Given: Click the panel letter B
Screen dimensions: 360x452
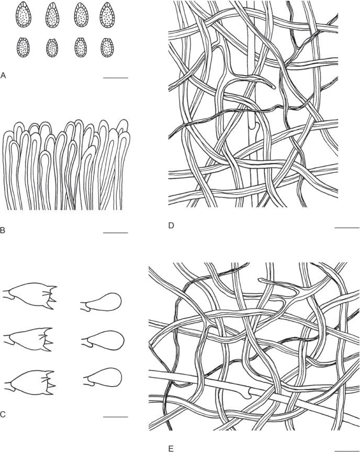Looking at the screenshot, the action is click(3, 229).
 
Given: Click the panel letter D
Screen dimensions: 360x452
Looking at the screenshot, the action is click(171, 226).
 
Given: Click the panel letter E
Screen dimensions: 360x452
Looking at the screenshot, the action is click(171, 448).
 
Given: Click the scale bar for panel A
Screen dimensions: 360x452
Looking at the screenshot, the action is click(116, 78).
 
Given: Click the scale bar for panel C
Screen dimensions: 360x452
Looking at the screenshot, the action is click(116, 417).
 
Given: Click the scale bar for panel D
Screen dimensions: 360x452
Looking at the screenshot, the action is click(346, 228).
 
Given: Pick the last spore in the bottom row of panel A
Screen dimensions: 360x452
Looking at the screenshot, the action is click(107, 47).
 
